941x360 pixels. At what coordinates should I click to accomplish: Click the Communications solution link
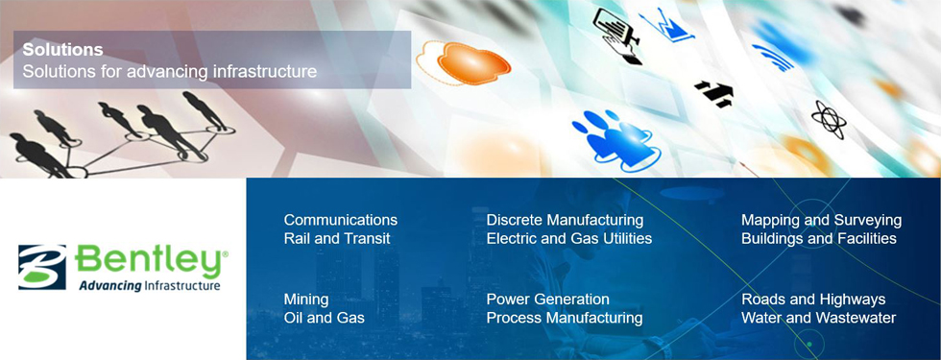click(x=340, y=220)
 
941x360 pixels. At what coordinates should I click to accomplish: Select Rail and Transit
click(x=337, y=238)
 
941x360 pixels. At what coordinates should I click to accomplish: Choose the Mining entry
click(x=306, y=300)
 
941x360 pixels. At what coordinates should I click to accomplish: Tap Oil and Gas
click(x=325, y=318)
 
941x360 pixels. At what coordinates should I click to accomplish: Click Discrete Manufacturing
click(x=565, y=220)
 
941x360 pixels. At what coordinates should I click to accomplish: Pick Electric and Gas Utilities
click(x=568, y=238)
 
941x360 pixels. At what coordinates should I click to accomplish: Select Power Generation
click(x=548, y=299)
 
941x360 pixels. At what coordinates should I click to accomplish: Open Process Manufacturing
click(x=565, y=318)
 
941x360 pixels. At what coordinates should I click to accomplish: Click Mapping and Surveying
click(x=822, y=221)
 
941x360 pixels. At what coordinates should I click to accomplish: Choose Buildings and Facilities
click(x=819, y=238)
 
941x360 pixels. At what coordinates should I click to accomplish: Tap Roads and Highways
click(x=814, y=300)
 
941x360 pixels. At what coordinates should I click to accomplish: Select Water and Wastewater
click(x=818, y=318)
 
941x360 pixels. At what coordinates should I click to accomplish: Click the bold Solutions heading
click(x=63, y=50)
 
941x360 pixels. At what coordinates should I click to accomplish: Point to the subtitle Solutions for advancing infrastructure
click(x=170, y=71)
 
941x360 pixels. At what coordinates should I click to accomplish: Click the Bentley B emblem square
click(x=42, y=267)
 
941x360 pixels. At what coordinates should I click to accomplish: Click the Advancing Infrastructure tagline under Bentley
click(x=150, y=286)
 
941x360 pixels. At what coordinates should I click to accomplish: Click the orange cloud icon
click(x=463, y=62)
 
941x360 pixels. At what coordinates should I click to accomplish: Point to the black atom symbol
click(x=829, y=119)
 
